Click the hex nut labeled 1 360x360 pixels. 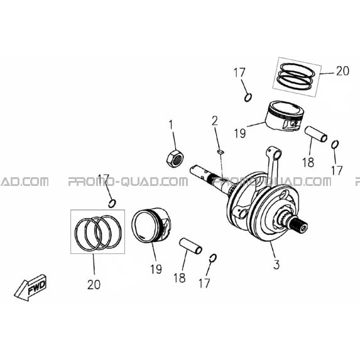(x=175, y=159)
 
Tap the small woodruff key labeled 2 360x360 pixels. (x=221, y=151)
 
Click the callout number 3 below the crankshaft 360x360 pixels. (x=276, y=265)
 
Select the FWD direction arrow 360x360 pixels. (x=31, y=287)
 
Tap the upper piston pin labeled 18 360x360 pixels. (x=315, y=134)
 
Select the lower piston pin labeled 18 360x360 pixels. (x=190, y=246)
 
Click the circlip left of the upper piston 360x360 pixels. (x=248, y=97)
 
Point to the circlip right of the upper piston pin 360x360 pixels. (x=335, y=145)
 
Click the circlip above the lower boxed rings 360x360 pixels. (x=112, y=204)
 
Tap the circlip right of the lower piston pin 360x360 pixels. (x=213, y=258)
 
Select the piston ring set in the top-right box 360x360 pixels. (x=296, y=77)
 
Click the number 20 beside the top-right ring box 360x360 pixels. (x=342, y=71)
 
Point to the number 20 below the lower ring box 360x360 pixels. (x=94, y=285)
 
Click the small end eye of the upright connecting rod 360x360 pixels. (x=275, y=153)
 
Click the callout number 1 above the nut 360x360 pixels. (x=171, y=125)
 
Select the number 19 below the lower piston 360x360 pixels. (x=156, y=270)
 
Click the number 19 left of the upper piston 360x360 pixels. (x=240, y=133)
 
